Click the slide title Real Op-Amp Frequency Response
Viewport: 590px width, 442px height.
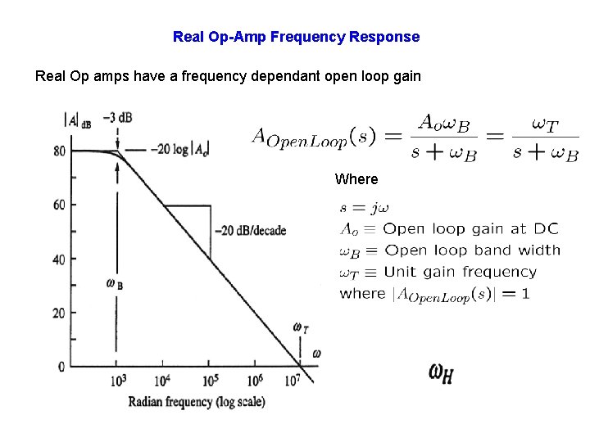coord(296,37)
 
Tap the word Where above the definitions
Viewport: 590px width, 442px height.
coord(356,179)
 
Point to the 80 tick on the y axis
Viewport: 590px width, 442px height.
coord(60,151)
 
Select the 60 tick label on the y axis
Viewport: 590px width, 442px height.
coord(60,205)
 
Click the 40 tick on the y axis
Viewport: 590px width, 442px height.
coord(60,259)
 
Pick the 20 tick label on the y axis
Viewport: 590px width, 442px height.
coord(60,313)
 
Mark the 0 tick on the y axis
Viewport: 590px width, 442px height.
coord(61,367)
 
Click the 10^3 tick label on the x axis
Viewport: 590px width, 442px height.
coord(116,381)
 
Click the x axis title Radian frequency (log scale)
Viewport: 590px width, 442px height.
coord(197,402)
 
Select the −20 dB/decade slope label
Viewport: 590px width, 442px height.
coord(250,231)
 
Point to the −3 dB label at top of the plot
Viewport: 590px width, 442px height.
coord(119,117)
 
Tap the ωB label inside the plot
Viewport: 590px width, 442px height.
coord(115,284)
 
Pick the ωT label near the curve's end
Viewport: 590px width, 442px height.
coord(301,328)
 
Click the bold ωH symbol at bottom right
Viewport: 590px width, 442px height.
coord(441,373)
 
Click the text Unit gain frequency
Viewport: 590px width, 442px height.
coord(460,272)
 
